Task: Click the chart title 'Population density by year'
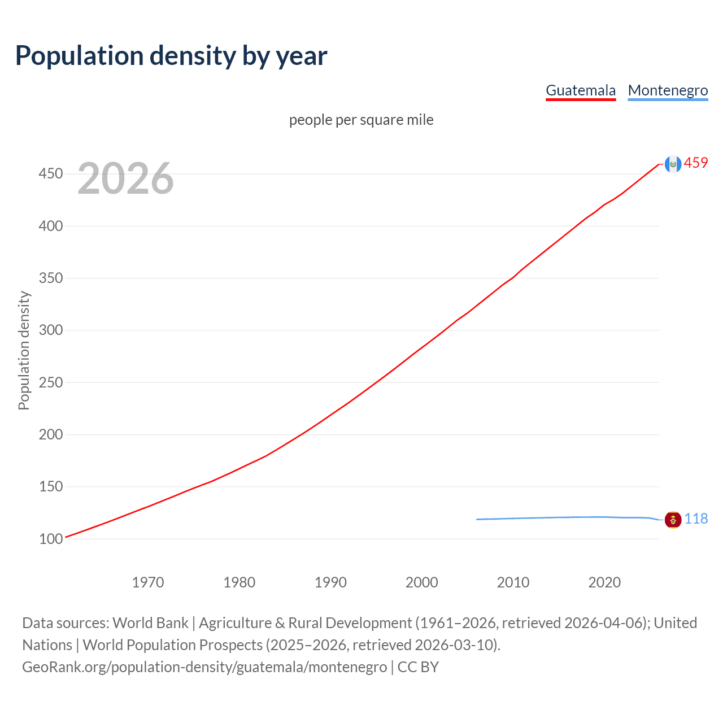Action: pos(171,56)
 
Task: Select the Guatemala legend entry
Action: pos(580,90)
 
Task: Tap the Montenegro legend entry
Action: pos(668,90)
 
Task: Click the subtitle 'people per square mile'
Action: pos(361,120)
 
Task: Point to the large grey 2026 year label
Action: pos(125,178)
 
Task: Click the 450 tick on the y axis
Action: pos(50,173)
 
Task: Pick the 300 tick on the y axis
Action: pos(50,330)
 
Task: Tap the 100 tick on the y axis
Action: pos(50,539)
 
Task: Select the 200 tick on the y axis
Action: pos(50,434)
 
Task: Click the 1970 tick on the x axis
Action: pos(148,582)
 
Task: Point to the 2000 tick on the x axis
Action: pos(421,582)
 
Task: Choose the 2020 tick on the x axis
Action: pos(604,582)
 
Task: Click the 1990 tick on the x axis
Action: pos(330,582)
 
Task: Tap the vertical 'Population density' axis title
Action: pos(24,350)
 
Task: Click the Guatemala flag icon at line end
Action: pos(673,164)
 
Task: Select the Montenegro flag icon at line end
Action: pos(673,519)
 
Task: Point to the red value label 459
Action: pos(696,163)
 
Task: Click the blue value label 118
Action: pos(696,519)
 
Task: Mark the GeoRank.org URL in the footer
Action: pos(204,667)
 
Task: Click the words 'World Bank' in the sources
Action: pos(150,623)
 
